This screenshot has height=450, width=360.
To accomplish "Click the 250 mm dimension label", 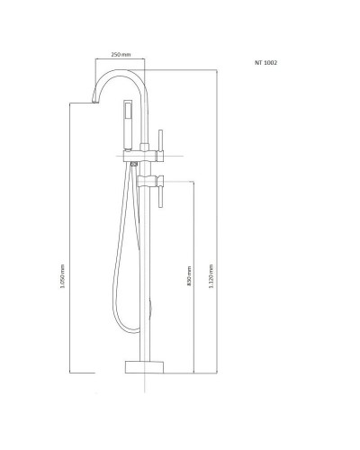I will pyautogui.click(x=121, y=55).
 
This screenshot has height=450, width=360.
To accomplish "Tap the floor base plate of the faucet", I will pyautogui.click(x=144, y=365).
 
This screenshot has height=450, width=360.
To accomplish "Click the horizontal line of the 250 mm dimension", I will pyautogui.click(x=121, y=62).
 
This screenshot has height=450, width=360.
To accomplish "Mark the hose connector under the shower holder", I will pyautogui.click(x=132, y=164).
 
